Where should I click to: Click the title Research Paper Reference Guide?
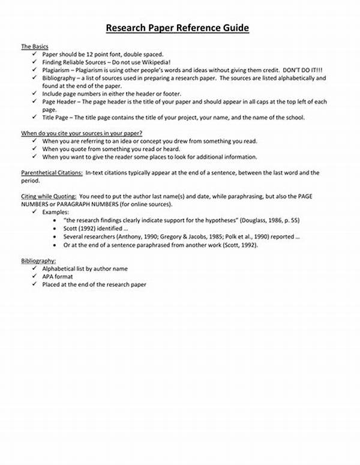click(x=177, y=28)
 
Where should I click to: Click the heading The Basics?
click(x=35, y=46)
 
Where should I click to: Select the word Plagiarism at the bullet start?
click(x=58, y=70)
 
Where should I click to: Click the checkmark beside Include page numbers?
click(x=35, y=94)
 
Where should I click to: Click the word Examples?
click(x=56, y=212)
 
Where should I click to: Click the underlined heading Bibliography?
click(x=38, y=261)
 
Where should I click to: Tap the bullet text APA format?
click(x=58, y=277)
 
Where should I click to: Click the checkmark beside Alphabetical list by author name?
click(x=35, y=269)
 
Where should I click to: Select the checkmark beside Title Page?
click(x=35, y=117)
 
